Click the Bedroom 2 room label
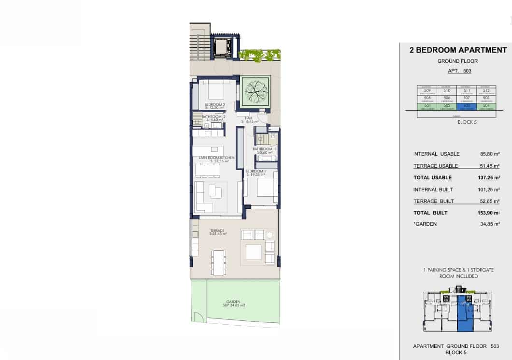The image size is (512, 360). (214, 104)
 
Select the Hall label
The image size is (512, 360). (249, 117)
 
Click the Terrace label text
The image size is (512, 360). (218, 231)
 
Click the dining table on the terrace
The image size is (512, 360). (219, 263)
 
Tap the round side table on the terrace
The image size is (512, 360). (270, 235)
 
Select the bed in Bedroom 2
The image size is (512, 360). (212, 91)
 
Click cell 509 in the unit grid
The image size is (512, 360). (427, 90)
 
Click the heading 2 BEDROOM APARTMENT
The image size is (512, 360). (458, 50)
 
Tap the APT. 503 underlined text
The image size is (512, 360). (459, 71)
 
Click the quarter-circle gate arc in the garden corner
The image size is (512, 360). (198, 317)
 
